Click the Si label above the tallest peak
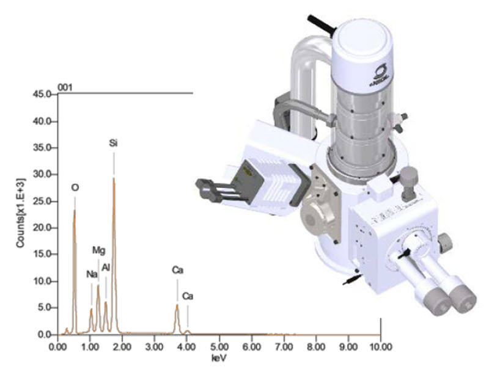(x=113, y=144)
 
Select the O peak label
(x=75, y=187)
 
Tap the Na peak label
(x=92, y=274)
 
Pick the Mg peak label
(x=98, y=250)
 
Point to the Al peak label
(x=106, y=267)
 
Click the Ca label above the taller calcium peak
(x=177, y=269)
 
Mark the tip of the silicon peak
(x=114, y=178)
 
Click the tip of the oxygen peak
(x=75, y=211)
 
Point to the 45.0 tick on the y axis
(x=45, y=94)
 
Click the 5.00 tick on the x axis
(x=219, y=345)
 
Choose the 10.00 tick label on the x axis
(x=380, y=345)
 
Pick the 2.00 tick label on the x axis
(x=122, y=345)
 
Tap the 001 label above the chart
(x=65, y=88)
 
